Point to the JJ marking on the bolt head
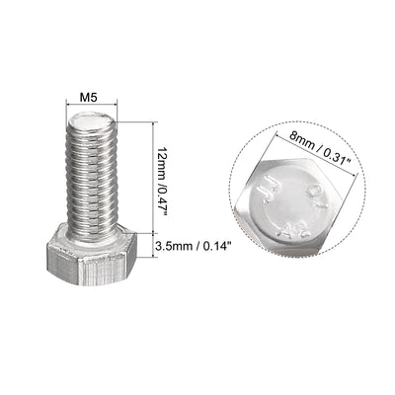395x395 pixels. (265, 194)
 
